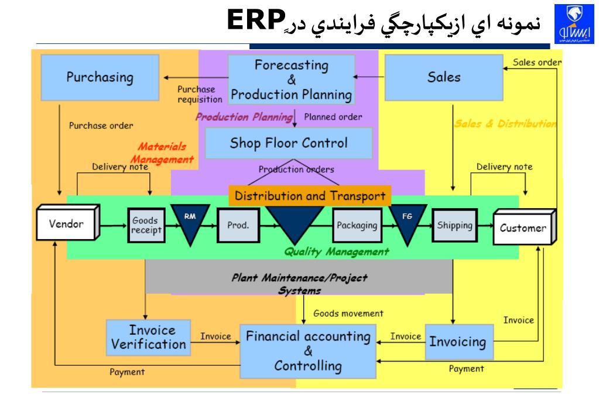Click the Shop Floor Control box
click(x=289, y=143)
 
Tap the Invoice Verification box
click(x=149, y=337)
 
